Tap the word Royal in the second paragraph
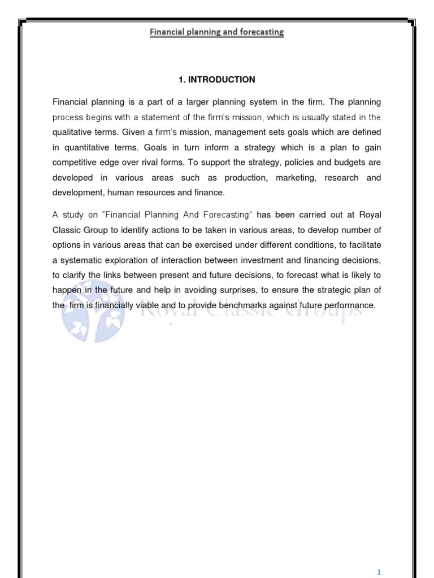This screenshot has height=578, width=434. (370, 214)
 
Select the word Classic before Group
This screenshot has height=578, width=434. (67, 229)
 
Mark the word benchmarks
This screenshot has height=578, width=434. (242, 305)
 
